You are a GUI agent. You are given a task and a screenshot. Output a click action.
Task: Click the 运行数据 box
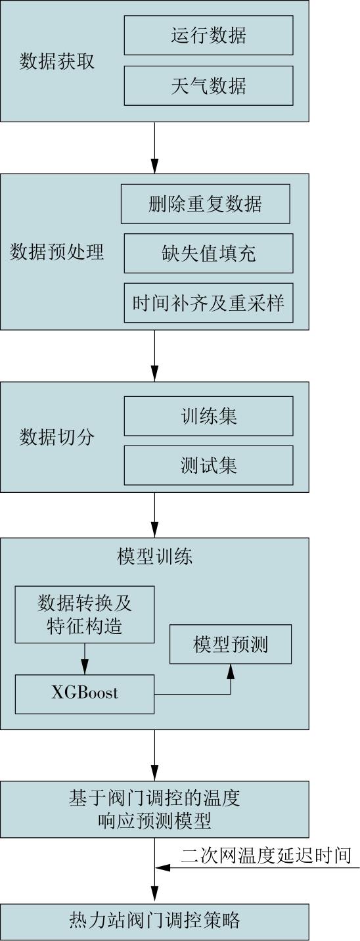click(208, 35)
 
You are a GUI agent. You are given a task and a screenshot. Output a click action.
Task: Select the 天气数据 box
click(208, 85)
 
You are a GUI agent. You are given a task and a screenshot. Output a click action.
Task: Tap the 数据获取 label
click(57, 62)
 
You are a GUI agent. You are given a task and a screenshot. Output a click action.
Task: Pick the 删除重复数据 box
click(206, 204)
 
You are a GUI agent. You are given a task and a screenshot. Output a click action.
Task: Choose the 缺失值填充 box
click(208, 253)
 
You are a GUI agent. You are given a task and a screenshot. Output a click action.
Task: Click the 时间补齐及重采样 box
click(208, 303)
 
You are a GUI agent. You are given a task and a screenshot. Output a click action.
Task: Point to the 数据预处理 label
click(56, 252)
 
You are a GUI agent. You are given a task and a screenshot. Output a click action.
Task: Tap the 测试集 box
click(208, 465)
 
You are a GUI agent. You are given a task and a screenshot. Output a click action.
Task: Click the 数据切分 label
click(57, 437)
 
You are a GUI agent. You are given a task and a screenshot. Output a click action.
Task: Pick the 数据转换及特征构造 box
click(85, 614)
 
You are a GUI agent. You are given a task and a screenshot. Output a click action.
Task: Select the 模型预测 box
click(230, 644)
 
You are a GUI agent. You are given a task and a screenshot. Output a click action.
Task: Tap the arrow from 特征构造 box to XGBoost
click(85, 658)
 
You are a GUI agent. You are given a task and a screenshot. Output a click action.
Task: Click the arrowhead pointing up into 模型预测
click(230, 671)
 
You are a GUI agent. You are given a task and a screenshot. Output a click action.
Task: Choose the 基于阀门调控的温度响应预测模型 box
click(154, 810)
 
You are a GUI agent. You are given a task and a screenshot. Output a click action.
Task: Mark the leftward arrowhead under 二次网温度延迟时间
click(162, 867)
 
